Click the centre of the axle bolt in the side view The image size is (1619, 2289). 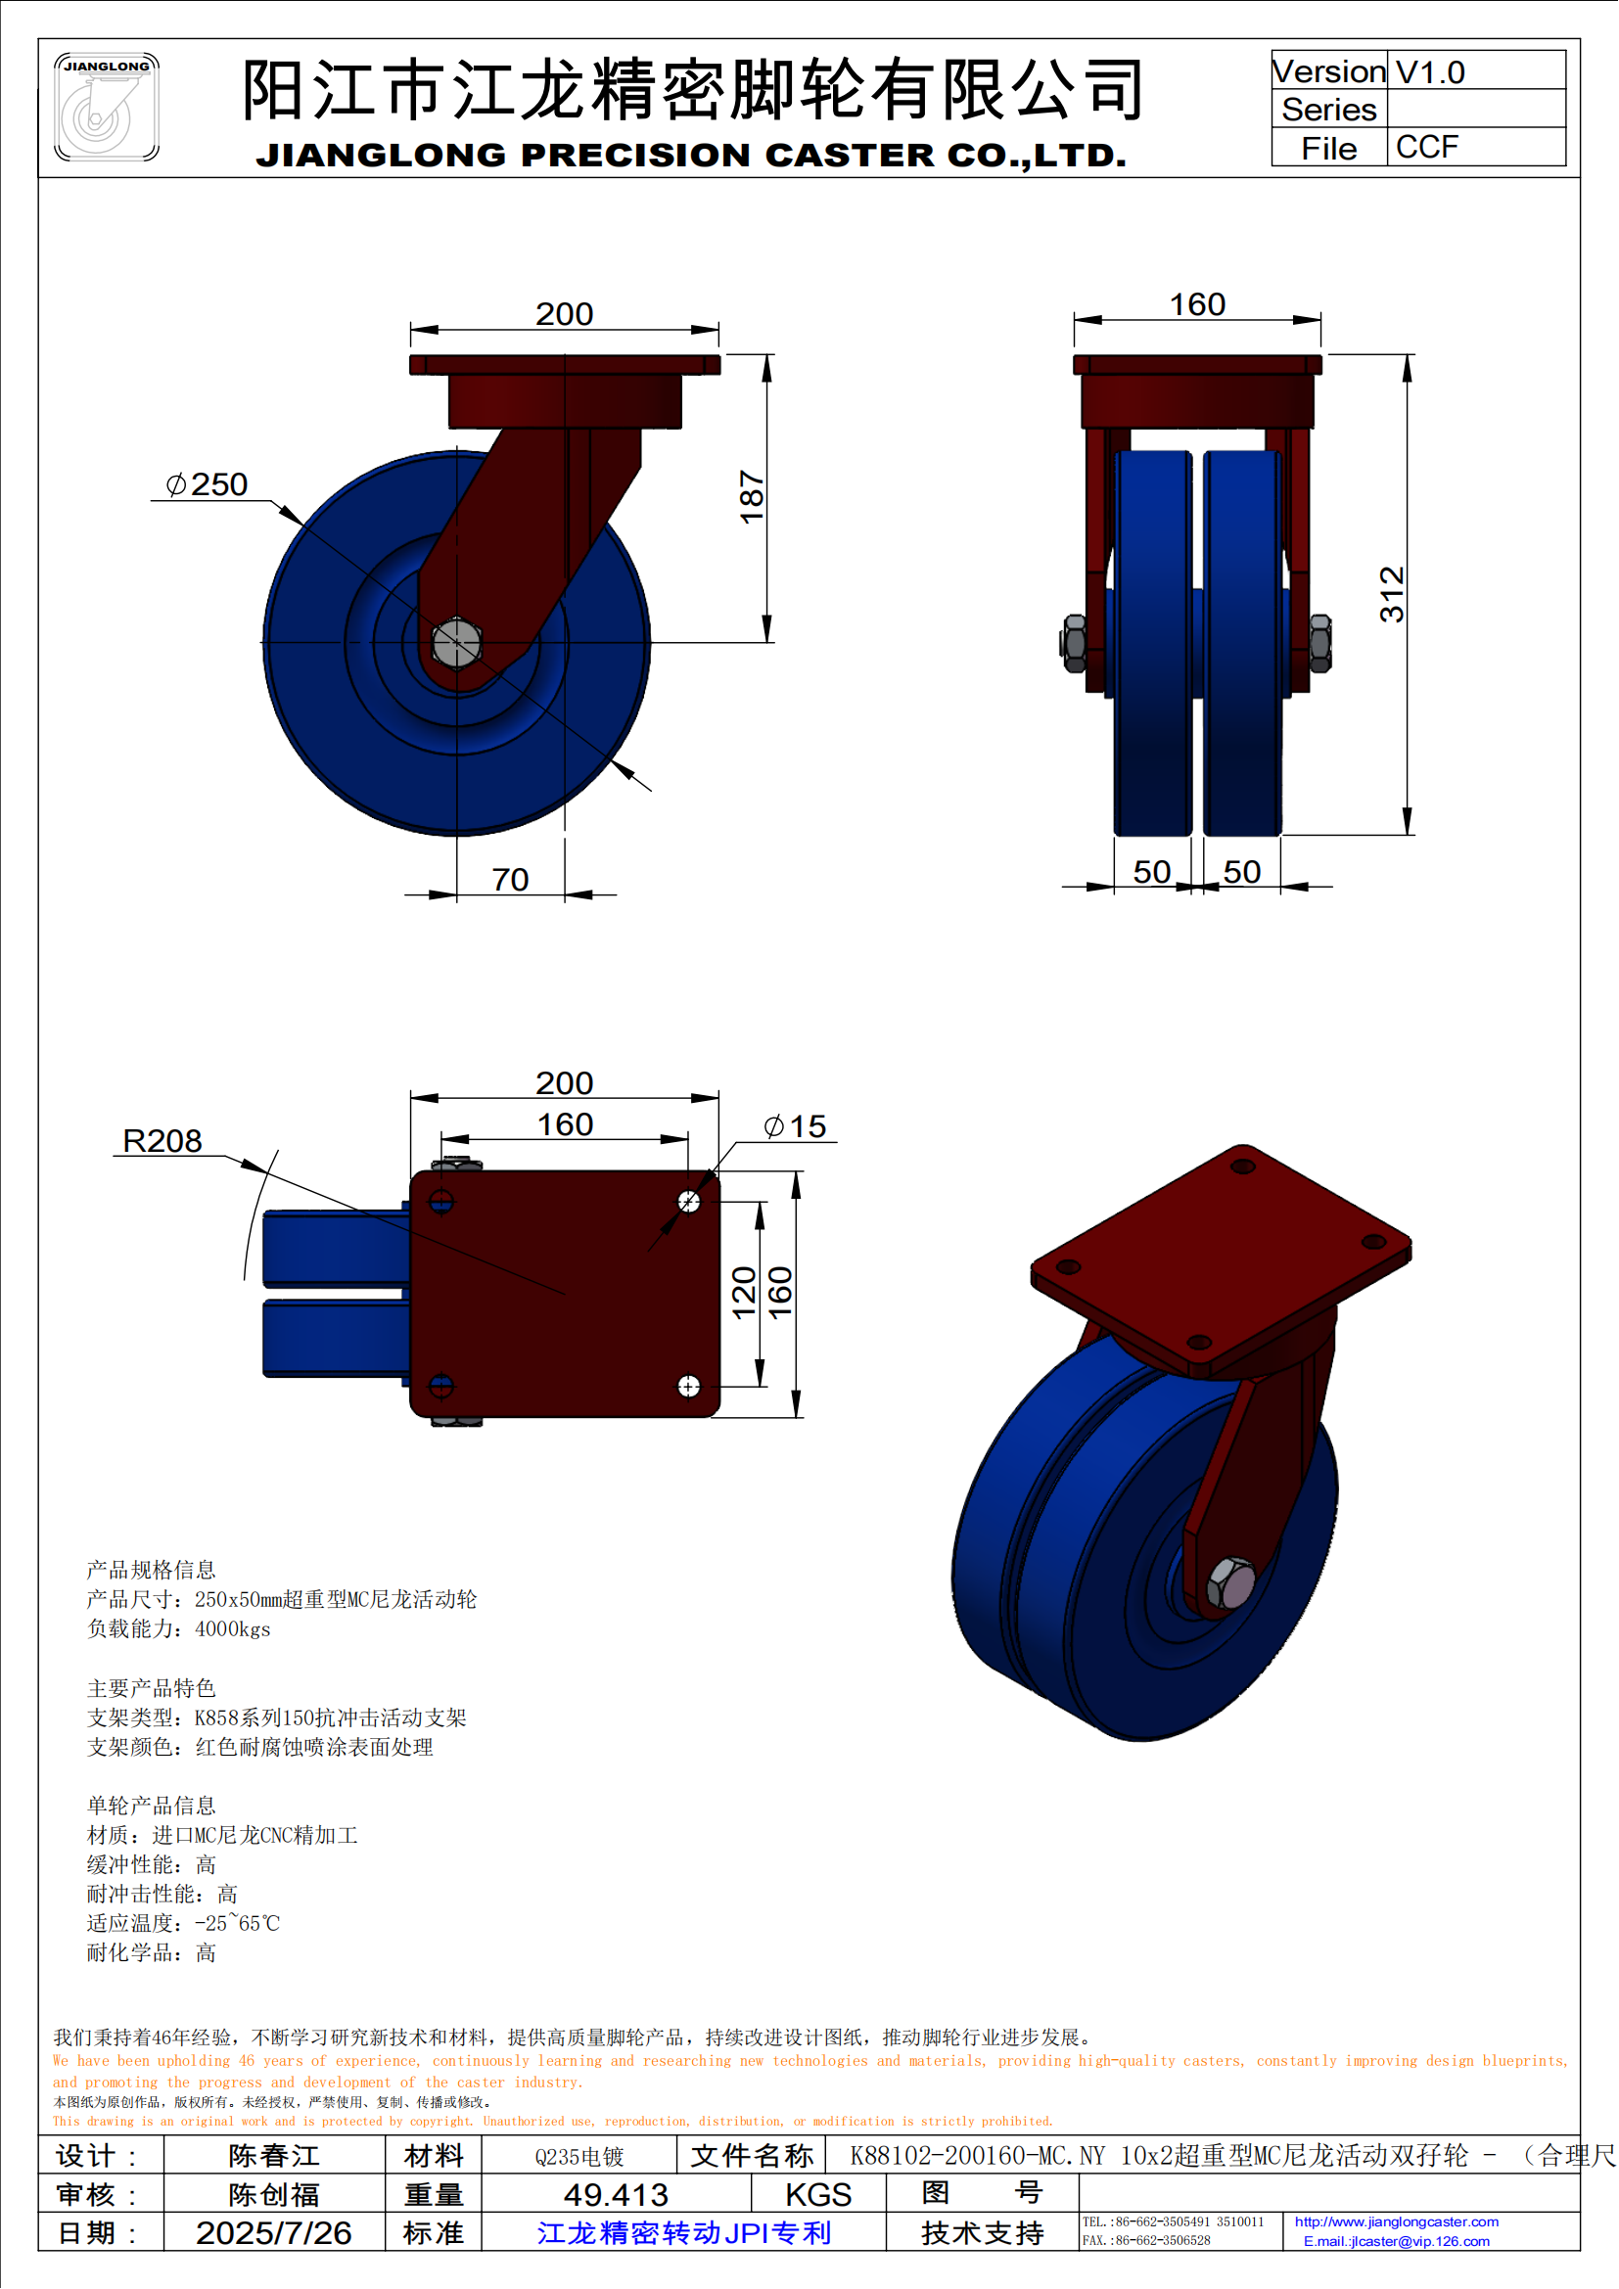[x=456, y=642]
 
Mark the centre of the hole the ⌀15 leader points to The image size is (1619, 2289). [x=689, y=1202]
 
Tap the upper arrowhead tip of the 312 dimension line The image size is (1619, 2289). [x=1407, y=356]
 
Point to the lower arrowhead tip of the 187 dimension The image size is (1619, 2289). [x=766, y=642]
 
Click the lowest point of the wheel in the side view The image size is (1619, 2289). [x=456, y=835]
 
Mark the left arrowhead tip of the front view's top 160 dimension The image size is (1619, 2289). [x=1075, y=320]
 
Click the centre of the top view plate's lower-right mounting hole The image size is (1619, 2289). [x=689, y=1386]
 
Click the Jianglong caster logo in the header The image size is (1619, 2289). [x=107, y=107]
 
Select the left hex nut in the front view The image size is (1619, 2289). [x=1075, y=643]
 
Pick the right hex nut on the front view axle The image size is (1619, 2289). [x=1319, y=643]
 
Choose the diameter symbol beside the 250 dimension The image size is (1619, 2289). [x=175, y=484]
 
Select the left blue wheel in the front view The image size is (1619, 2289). [x=1152, y=643]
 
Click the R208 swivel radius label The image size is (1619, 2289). [x=162, y=1140]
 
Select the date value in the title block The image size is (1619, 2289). [x=273, y=2232]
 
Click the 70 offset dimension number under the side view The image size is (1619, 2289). [x=509, y=880]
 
